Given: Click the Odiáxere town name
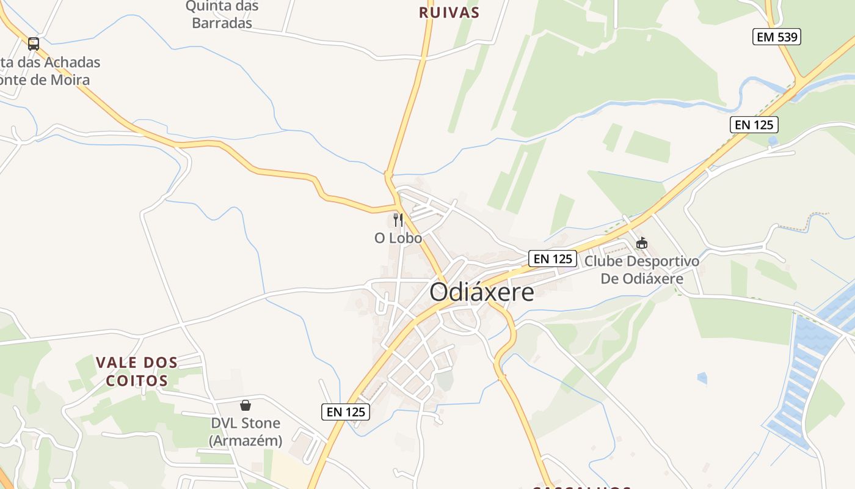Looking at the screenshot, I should click(481, 292).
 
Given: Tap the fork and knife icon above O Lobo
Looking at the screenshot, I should click(398, 219).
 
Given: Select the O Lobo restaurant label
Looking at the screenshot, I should click(398, 238).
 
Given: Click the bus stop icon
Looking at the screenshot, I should click(34, 44).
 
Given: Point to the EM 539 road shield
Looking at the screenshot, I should click(776, 37).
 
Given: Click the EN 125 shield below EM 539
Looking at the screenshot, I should click(754, 125).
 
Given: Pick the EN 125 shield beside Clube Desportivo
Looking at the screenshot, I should click(553, 259).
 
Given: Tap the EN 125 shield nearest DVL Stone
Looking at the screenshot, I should click(346, 412).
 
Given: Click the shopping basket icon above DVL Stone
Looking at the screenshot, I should click(246, 405).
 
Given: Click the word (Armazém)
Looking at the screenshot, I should click(246, 440).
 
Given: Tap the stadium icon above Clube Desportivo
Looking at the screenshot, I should click(641, 243).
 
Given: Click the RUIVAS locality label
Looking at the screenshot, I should click(449, 12).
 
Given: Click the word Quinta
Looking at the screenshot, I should click(222, 7).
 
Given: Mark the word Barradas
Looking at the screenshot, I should click(222, 23).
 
